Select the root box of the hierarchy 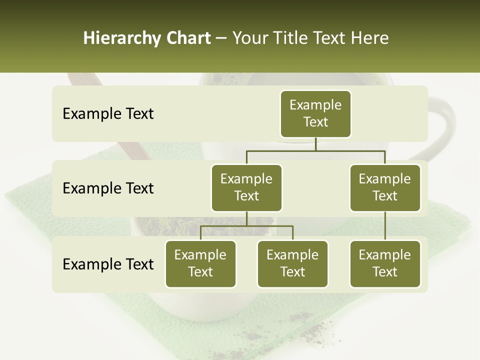pos(315,113)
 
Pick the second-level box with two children pos(246,187)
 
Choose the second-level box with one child pos(385,187)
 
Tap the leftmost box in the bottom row pos(200,263)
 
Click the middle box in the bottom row pos(292,263)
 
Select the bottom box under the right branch pos(385,263)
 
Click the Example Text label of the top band pos(108,114)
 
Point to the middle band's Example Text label pos(108,188)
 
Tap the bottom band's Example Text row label pos(108,264)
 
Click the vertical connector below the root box pos(315,144)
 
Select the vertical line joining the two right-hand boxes pos(385,225)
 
